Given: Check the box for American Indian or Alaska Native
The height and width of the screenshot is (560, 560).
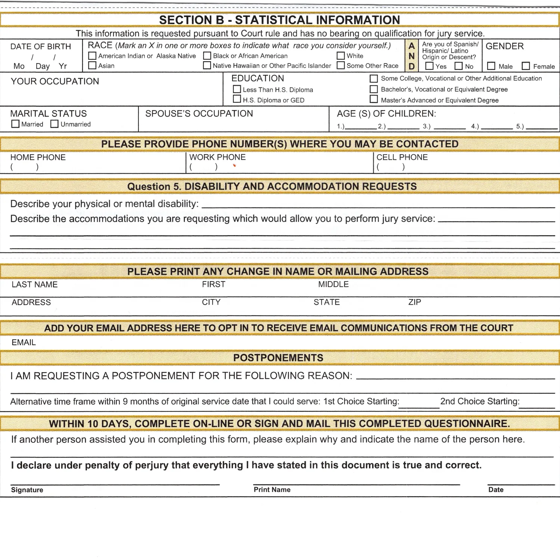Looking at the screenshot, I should click(x=92, y=56).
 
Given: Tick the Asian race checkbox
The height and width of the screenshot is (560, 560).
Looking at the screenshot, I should click(x=92, y=66).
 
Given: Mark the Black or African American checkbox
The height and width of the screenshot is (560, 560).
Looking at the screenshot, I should click(x=207, y=56).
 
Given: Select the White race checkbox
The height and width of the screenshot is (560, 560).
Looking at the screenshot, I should click(x=341, y=56).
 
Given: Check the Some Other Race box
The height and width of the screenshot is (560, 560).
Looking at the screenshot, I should click(x=341, y=66).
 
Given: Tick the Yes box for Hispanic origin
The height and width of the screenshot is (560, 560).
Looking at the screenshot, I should click(x=430, y=66).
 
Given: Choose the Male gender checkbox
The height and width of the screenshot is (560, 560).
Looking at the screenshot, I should click(x=491, y=66).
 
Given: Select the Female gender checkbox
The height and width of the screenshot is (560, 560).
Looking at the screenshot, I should click(x=526, y=66).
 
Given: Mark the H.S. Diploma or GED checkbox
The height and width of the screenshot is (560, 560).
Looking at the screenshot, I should click(x=237, y=99).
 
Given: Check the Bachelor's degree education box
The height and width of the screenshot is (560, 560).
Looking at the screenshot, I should click(x=374, y=89).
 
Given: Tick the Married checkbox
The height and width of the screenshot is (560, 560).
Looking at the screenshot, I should click(x=15, y=124).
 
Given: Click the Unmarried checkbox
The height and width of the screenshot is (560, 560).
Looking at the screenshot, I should click(x=55, y=124).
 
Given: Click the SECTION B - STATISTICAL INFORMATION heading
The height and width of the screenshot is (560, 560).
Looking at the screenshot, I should click(x=280, y=20).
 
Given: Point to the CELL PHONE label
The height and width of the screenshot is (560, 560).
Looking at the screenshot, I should click(x=402, y=157).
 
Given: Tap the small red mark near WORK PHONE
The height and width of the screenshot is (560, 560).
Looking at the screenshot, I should click(x=234, y=165).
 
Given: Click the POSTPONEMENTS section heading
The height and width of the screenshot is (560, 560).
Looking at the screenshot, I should click(x=278, y=358).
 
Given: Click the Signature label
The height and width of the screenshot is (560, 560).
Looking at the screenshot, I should click(x=27, y=490).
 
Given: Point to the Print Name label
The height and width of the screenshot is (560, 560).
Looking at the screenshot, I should click(x=272, y=489).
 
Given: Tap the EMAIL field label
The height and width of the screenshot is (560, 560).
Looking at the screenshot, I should click(x=24, y=342).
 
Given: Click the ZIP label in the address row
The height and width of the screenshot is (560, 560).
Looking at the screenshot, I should click(x=414, y=302).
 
